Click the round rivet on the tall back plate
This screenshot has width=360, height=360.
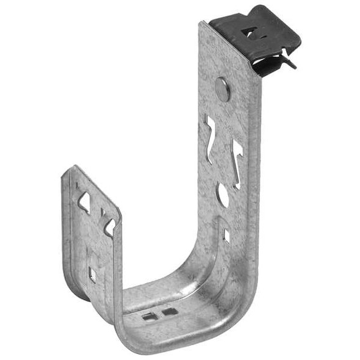point(223,90)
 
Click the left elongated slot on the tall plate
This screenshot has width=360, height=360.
point(210,139)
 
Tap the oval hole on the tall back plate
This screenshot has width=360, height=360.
point(223,196)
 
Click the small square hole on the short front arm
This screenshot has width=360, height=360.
point(93,273)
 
